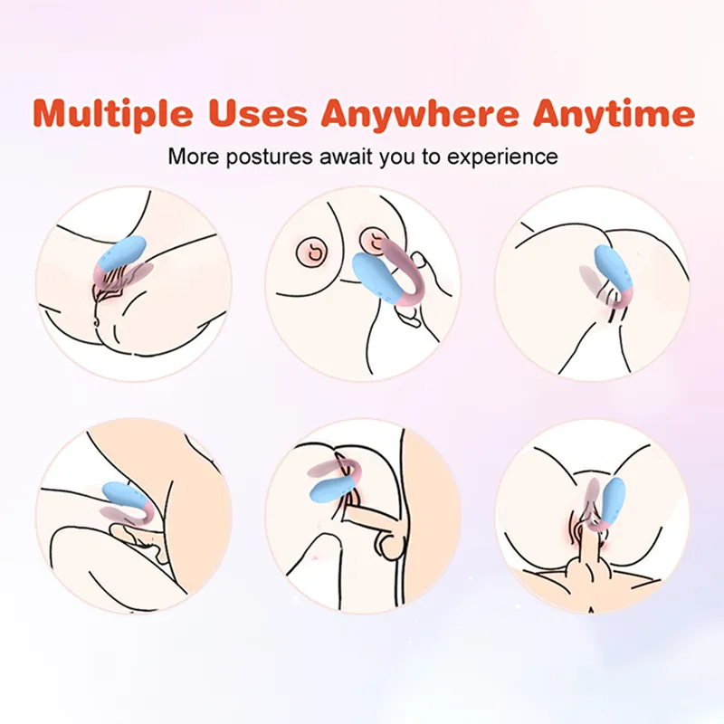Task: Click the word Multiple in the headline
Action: coord(112,115)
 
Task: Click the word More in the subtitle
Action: coord(193,157)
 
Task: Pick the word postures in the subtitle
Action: coord(269,157)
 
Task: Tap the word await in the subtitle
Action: coord(347,157)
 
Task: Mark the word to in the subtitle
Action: coord(431,157)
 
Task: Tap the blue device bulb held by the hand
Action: coord(374,277)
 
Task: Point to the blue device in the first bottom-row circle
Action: coord(124,498)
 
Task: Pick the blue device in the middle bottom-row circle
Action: coord(335,489)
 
